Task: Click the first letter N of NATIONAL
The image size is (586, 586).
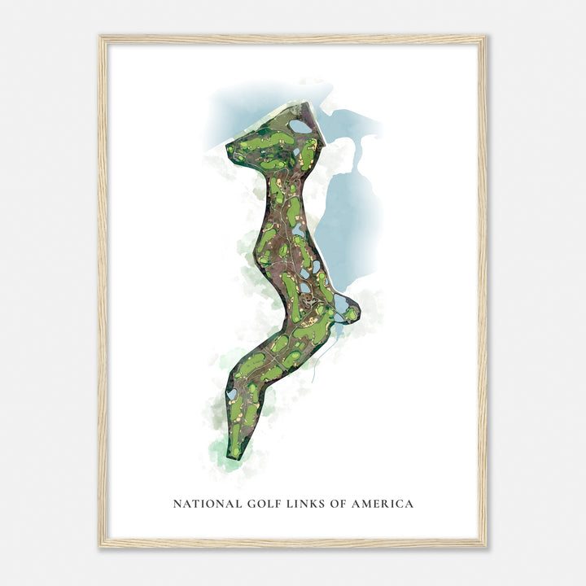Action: pos(177,504)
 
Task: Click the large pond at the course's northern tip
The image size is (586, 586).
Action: pos(300,126)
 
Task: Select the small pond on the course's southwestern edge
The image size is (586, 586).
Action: pos(232,394)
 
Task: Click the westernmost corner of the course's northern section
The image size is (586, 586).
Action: pos(227,153)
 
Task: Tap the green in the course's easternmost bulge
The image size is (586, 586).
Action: pos(350,312)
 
